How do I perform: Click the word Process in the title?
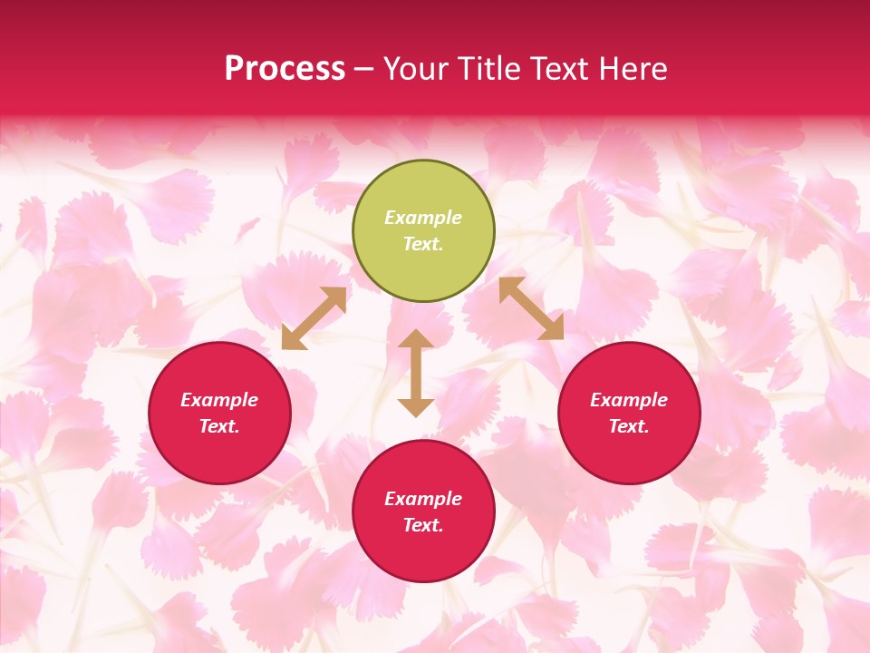285,69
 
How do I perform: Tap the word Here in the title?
633,69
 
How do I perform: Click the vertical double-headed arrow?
416,373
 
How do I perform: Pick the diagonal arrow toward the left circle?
314,318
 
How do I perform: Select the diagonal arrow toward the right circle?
531,308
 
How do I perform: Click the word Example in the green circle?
423,218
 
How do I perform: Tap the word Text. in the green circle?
423,244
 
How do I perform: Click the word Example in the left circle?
219,400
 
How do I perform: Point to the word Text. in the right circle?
629,426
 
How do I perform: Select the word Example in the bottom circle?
423,499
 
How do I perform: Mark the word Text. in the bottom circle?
423,525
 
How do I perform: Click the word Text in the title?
558,69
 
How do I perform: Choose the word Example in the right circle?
629,400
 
